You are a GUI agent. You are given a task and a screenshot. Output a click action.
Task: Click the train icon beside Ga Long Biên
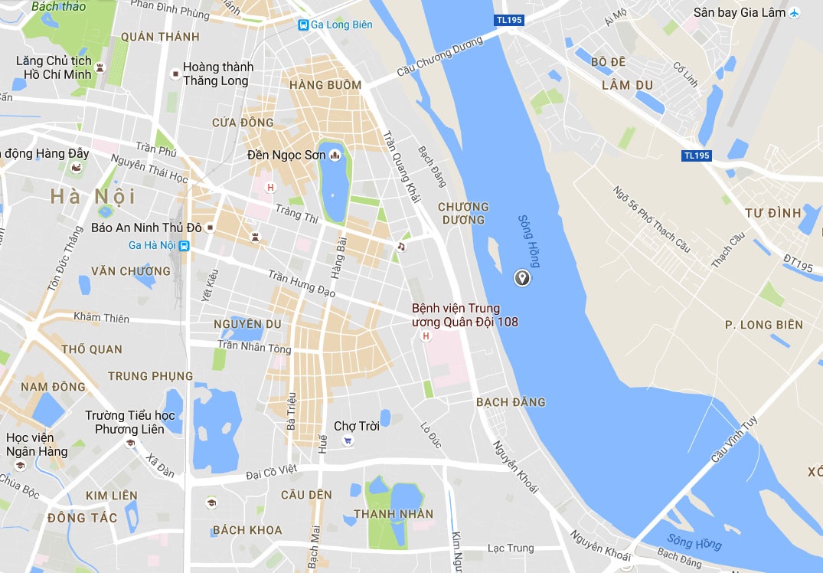point(304,25)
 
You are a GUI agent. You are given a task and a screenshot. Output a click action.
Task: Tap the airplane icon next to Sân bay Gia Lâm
point(794,12)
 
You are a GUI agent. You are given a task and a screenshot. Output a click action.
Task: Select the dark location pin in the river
point(522,278)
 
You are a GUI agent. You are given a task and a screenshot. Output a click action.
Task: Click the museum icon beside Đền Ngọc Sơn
point(334,156)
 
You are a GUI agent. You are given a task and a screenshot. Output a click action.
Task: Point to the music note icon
point(400,247)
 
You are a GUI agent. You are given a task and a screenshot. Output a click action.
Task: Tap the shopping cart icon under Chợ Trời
point(348,440)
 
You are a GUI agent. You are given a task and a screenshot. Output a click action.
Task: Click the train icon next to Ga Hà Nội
point(184,246)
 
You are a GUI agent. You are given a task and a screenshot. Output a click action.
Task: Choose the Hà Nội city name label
point(93,196)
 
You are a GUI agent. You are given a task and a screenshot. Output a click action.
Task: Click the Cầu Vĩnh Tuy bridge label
point(733,437)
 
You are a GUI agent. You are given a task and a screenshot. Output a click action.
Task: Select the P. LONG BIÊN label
point(764,325)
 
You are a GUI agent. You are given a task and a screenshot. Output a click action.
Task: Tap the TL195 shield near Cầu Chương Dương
point(509,20)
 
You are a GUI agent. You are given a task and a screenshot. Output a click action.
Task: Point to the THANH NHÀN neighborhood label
point(394,514)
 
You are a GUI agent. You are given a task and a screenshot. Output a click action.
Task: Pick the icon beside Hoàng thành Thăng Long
point(175,74)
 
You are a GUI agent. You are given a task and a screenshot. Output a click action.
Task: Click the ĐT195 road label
point(797,261)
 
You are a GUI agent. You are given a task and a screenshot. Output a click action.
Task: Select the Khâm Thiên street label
point(101,318)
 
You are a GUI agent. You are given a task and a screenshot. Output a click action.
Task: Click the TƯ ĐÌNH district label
point(773,212)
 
